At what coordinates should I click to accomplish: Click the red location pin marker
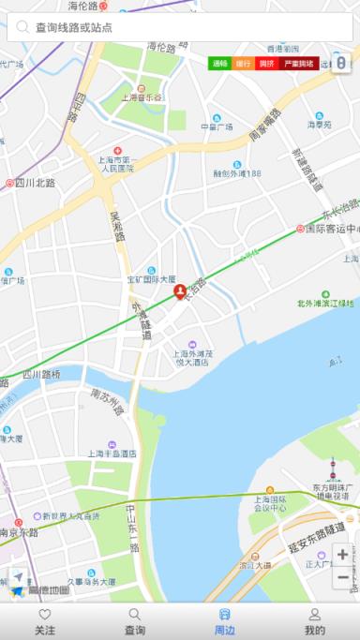coord(180,293)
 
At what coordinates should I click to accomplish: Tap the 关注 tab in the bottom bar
coord(45,621)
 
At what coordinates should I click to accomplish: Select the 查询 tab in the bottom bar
coord(135,621)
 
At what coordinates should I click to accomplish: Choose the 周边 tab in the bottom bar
coord(225,621)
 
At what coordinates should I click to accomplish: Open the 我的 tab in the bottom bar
coord(315,621)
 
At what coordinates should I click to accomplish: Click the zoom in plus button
coord(342,555)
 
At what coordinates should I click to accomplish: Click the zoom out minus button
coord(342,578)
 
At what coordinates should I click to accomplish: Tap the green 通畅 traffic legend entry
coord(220,64)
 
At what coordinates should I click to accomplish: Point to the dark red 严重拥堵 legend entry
coord(299,64)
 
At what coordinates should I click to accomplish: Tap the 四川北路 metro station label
coord(32,183)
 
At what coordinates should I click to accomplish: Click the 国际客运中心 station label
coord(328,229)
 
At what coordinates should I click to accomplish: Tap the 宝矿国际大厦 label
coord(151,279)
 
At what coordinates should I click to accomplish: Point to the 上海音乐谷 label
coord(142,97)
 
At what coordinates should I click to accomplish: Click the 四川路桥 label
coord(41,374)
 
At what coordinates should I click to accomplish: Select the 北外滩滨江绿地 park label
coord(325,303)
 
